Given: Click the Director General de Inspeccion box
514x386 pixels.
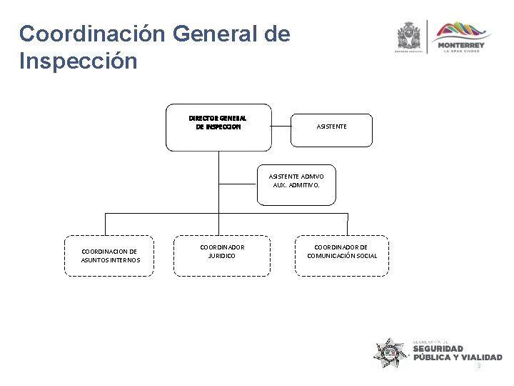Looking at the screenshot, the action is (x=218, y=127).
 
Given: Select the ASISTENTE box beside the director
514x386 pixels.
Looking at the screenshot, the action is (x=331, y=127).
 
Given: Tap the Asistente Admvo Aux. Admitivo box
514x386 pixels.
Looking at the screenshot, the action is (x=296, y=180).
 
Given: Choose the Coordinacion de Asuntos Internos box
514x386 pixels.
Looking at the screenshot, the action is (x=109, y=255).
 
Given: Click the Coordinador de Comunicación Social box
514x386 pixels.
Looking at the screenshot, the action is (x=341, y=254).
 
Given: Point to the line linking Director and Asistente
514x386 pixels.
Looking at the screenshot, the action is (x=281, y=127).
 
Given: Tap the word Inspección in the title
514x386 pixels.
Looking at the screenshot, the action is (x=79, y=61).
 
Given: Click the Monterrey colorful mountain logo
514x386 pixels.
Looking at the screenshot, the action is (x=463, y=32).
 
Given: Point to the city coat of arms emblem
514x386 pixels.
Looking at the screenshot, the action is (x=409, y=36).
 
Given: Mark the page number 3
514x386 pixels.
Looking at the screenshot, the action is (x=479, y=366).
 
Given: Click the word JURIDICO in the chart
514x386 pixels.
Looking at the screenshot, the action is (x=221, y=255).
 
